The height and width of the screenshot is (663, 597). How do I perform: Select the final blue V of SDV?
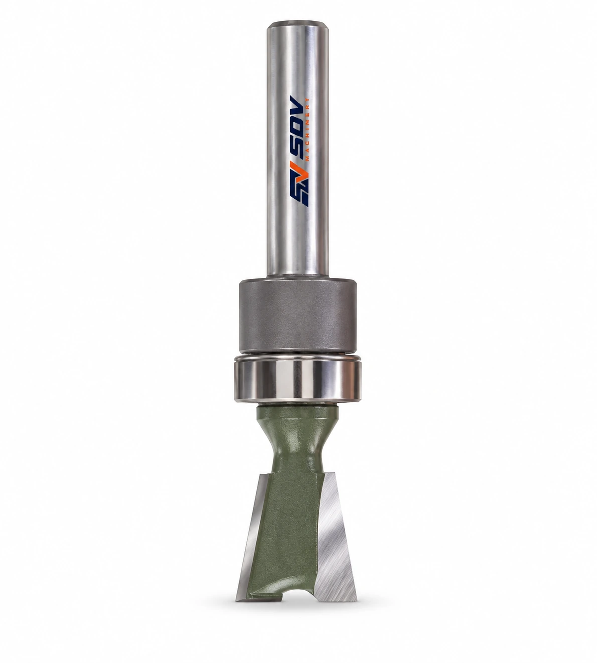pos(298,109)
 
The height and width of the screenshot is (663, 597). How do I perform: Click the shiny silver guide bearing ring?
pos(297,380)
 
